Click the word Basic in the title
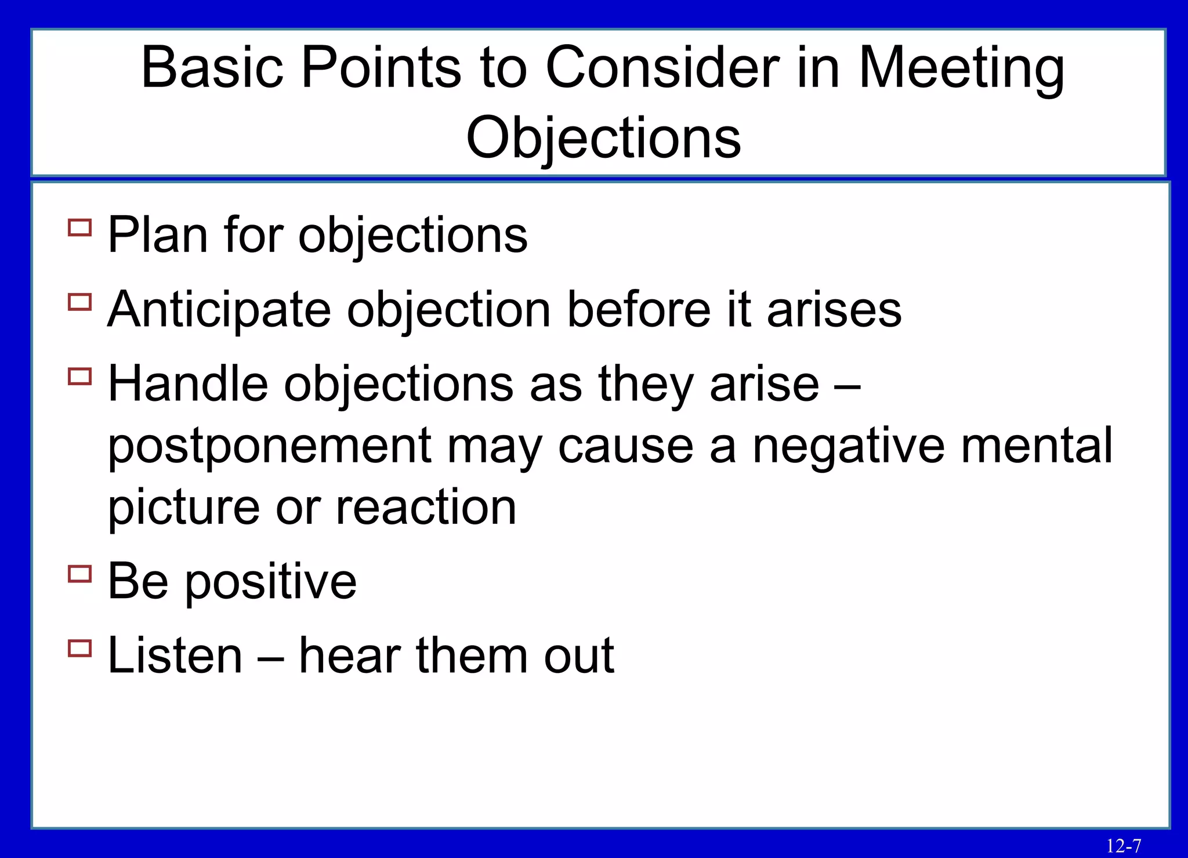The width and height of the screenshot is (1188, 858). (x=212, y=68)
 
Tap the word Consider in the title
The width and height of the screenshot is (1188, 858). (x=662, y=68)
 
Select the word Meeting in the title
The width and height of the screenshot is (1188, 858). (x=961, y=69)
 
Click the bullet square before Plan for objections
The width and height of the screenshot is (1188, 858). (x=80, y=227)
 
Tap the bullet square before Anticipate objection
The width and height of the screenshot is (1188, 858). (x=80, y=302)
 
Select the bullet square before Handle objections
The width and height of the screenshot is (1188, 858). (x=80, y=376)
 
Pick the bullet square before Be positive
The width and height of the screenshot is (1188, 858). (x=80, y=574)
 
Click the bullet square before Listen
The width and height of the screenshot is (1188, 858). (x=80, y=647)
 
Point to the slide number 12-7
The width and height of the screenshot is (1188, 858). (x=1123, y=846)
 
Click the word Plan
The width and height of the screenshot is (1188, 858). (x=158, y=235)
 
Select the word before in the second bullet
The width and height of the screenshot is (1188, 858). (x=639, y=309)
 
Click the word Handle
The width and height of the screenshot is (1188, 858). (x=188, y=383)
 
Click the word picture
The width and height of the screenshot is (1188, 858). (x=183, y=508)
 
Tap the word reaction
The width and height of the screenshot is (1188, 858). (x=426, y=507)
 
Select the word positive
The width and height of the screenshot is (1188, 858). (x=270, y=582)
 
